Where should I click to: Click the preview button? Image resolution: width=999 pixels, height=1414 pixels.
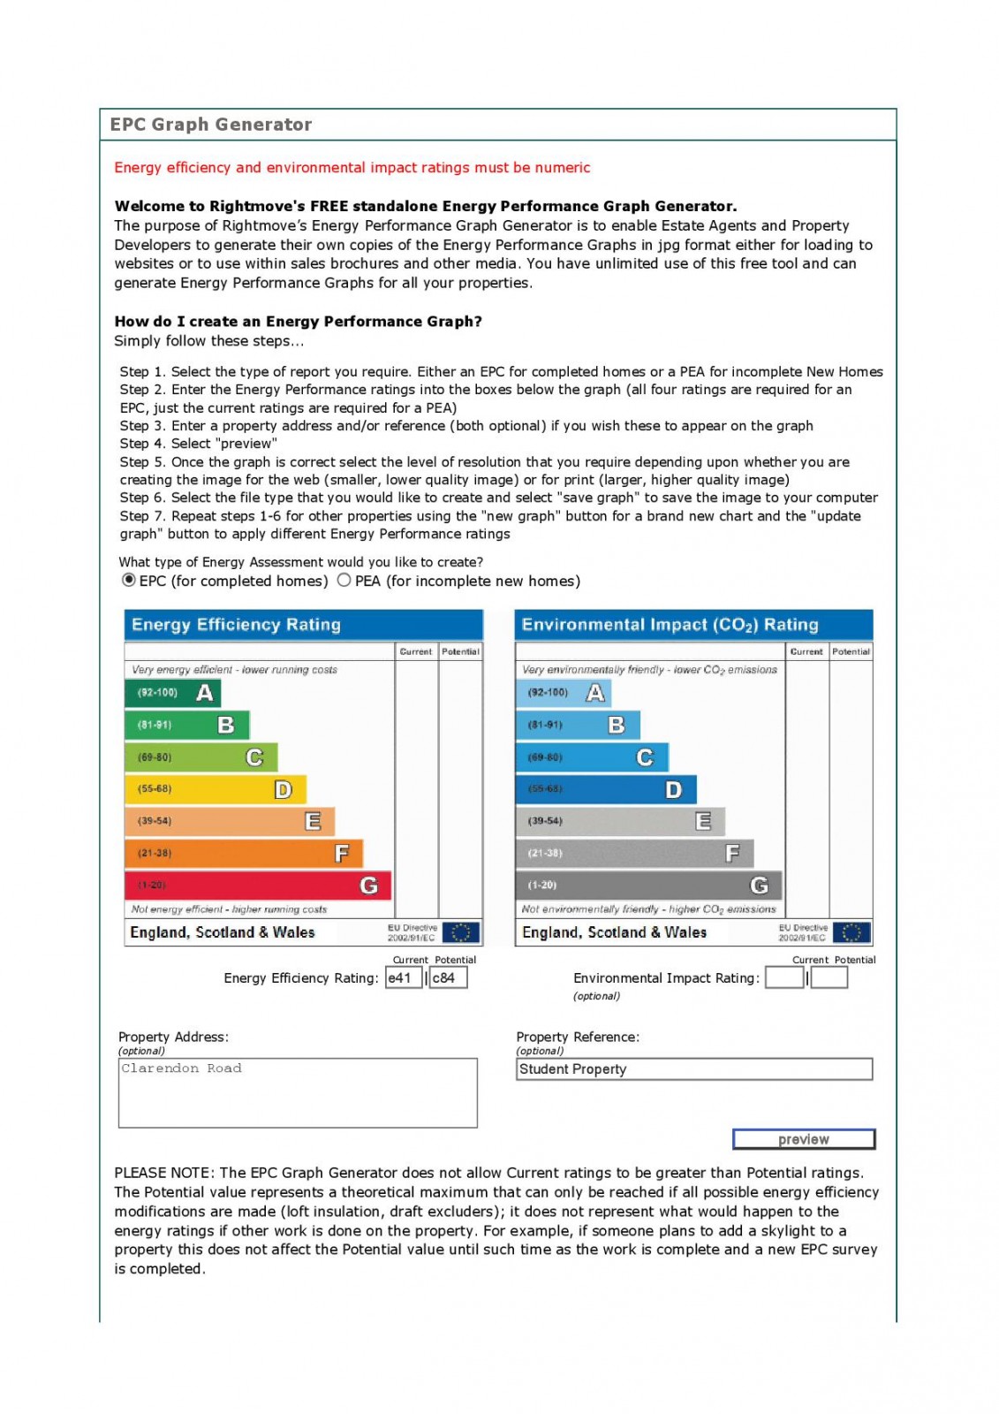pos(803,1139)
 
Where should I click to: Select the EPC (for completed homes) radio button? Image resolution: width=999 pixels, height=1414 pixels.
pos(129,580)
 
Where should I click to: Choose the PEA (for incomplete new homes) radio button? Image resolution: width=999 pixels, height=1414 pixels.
pos(344,580)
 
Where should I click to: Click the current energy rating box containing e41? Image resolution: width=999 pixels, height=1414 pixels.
pos(403,977)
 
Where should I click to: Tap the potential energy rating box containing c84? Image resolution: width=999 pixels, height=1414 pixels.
pos(448,977)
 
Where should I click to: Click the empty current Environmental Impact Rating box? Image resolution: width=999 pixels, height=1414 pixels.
pos(784,977)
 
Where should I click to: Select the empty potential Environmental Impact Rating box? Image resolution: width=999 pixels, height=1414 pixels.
pos(829,977)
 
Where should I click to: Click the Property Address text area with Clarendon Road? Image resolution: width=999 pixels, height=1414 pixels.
pos(298,1092)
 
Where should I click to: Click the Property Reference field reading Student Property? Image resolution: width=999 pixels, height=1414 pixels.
pos(693,1068)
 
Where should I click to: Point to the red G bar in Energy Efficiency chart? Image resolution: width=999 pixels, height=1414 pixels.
pos(257,885)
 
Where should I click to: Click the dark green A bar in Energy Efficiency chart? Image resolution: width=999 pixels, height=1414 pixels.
pos(172,693)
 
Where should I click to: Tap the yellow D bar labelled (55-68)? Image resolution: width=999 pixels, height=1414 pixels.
pos(215,789)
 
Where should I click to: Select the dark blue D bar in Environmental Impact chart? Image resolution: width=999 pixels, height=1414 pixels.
pos(605,789)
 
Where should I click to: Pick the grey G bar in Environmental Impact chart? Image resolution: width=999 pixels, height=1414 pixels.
pos(647,885)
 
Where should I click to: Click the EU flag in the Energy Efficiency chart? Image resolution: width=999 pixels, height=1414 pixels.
pos(460,932)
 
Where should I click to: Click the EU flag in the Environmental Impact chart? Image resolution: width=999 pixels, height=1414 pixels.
pos(851,932)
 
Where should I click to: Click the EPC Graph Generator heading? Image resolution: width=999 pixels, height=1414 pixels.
pos(211,125)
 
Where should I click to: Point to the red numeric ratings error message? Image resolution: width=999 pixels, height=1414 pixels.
pos(352,168)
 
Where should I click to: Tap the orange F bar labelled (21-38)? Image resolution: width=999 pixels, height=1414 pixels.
pos(243,853)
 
